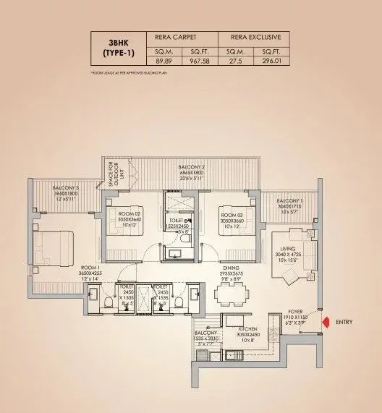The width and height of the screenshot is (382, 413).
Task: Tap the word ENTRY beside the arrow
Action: pyautogui.click(x=344, y=321)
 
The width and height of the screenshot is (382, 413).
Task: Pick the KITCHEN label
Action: pyautogui.click(x=249, y=329)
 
